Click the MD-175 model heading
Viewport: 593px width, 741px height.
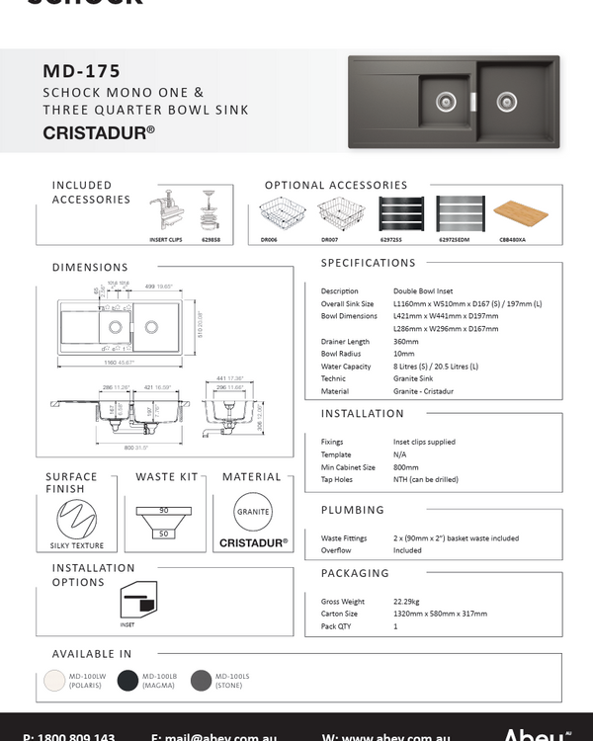point(82,71)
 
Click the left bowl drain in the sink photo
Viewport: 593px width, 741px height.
point(445,100)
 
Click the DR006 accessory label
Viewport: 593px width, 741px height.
point(269,239)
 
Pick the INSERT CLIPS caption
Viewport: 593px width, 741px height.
point(165,239)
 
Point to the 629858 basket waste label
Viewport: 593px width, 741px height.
point(211,239)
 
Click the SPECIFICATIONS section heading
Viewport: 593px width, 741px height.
point(369,263)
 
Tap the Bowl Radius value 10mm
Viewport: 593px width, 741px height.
point(403,353)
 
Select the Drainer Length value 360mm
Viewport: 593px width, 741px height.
point(406,341)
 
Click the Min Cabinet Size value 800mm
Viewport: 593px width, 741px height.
point(406,466)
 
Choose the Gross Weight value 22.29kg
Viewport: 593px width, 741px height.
point(407,601)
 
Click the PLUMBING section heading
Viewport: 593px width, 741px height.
point(353,510)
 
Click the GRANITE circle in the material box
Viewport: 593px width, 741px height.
point(253,512)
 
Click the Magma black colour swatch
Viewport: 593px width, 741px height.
point(127,680)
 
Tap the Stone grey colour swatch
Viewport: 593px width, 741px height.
point(201,680)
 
